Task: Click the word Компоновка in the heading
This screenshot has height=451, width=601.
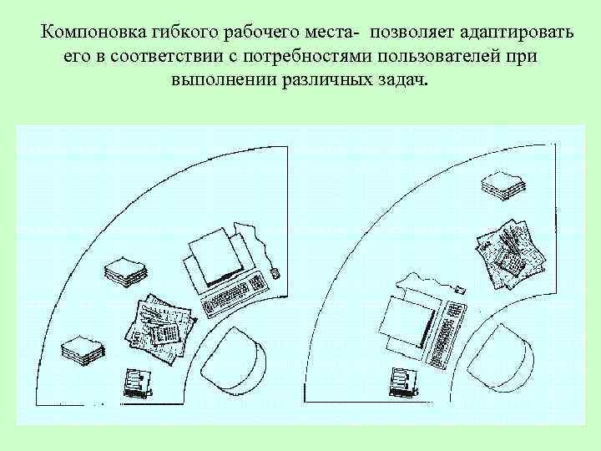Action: [x=93, y=33]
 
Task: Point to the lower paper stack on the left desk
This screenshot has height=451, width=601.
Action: [x=82, y=347]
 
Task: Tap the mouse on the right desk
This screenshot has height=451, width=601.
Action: [x=457, y=290]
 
